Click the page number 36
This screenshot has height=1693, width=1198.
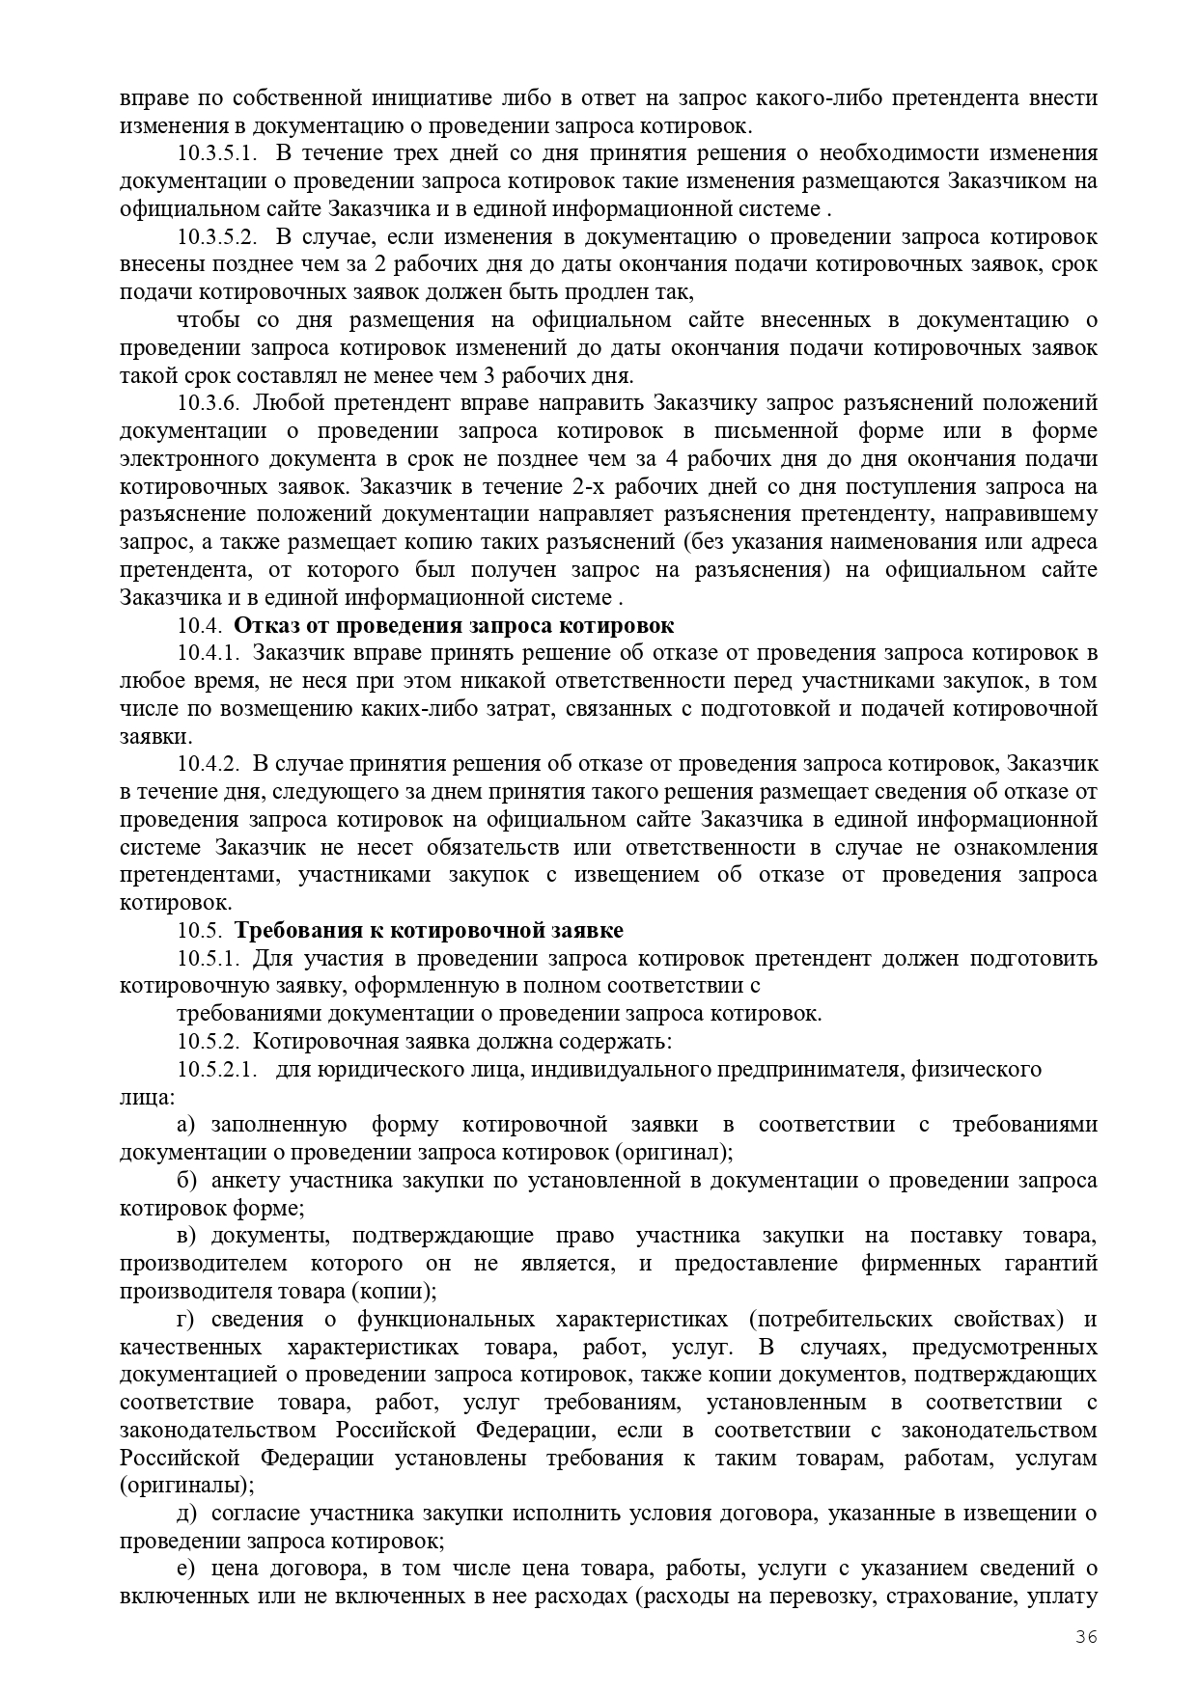(x=1087, y=1636)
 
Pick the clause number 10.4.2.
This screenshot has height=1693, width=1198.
(x=208, y=765)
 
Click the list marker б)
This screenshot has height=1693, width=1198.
(x=187, y=1181)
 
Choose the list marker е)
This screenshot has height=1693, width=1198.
(x=186, y=1569)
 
